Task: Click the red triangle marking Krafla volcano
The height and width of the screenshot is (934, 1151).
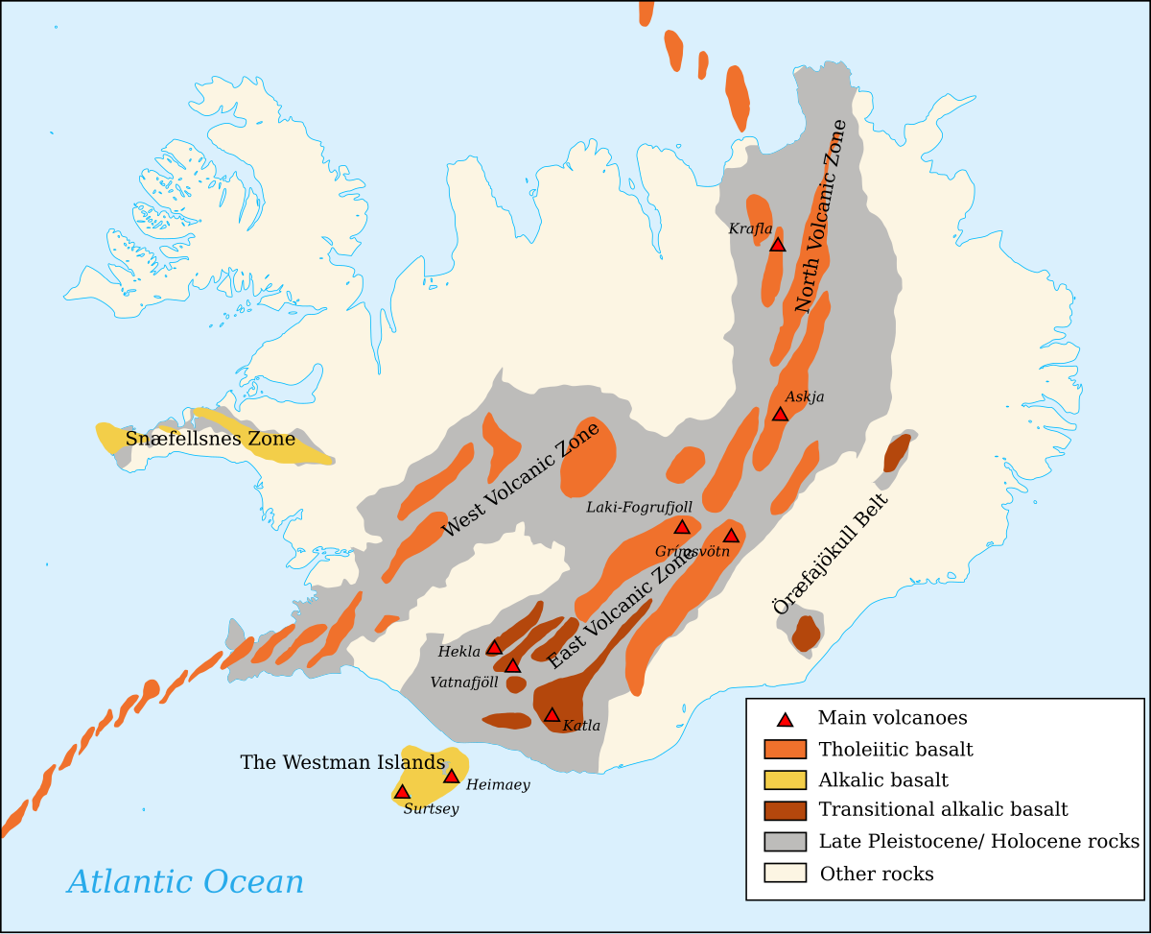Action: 778,245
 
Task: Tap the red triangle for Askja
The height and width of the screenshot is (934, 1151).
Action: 780,414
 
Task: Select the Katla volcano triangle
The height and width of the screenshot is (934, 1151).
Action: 552,714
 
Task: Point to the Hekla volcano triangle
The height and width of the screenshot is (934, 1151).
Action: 494,647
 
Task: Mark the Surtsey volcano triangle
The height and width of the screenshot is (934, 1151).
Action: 402,792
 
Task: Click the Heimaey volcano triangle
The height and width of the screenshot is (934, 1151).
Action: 451,776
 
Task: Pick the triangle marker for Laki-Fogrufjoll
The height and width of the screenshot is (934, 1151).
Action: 682,526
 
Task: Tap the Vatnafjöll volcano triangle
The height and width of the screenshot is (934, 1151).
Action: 512,665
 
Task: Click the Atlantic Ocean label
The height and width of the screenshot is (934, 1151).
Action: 185,881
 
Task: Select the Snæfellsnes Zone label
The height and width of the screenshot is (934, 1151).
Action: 210,440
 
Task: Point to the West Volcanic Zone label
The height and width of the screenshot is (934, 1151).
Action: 521,480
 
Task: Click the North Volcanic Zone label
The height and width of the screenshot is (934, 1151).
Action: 821,216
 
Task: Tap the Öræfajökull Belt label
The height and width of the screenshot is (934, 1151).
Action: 831,554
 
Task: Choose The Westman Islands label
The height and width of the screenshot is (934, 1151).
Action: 342,762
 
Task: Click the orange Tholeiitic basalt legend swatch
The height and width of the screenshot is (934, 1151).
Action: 785,749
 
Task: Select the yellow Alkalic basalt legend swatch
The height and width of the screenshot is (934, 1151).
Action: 785,779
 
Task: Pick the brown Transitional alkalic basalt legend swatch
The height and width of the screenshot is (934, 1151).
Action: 785,810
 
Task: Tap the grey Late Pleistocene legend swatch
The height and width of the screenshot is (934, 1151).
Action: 785,842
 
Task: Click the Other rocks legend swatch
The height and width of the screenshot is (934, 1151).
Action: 785,873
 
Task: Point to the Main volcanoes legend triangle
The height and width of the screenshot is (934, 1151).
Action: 785,719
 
